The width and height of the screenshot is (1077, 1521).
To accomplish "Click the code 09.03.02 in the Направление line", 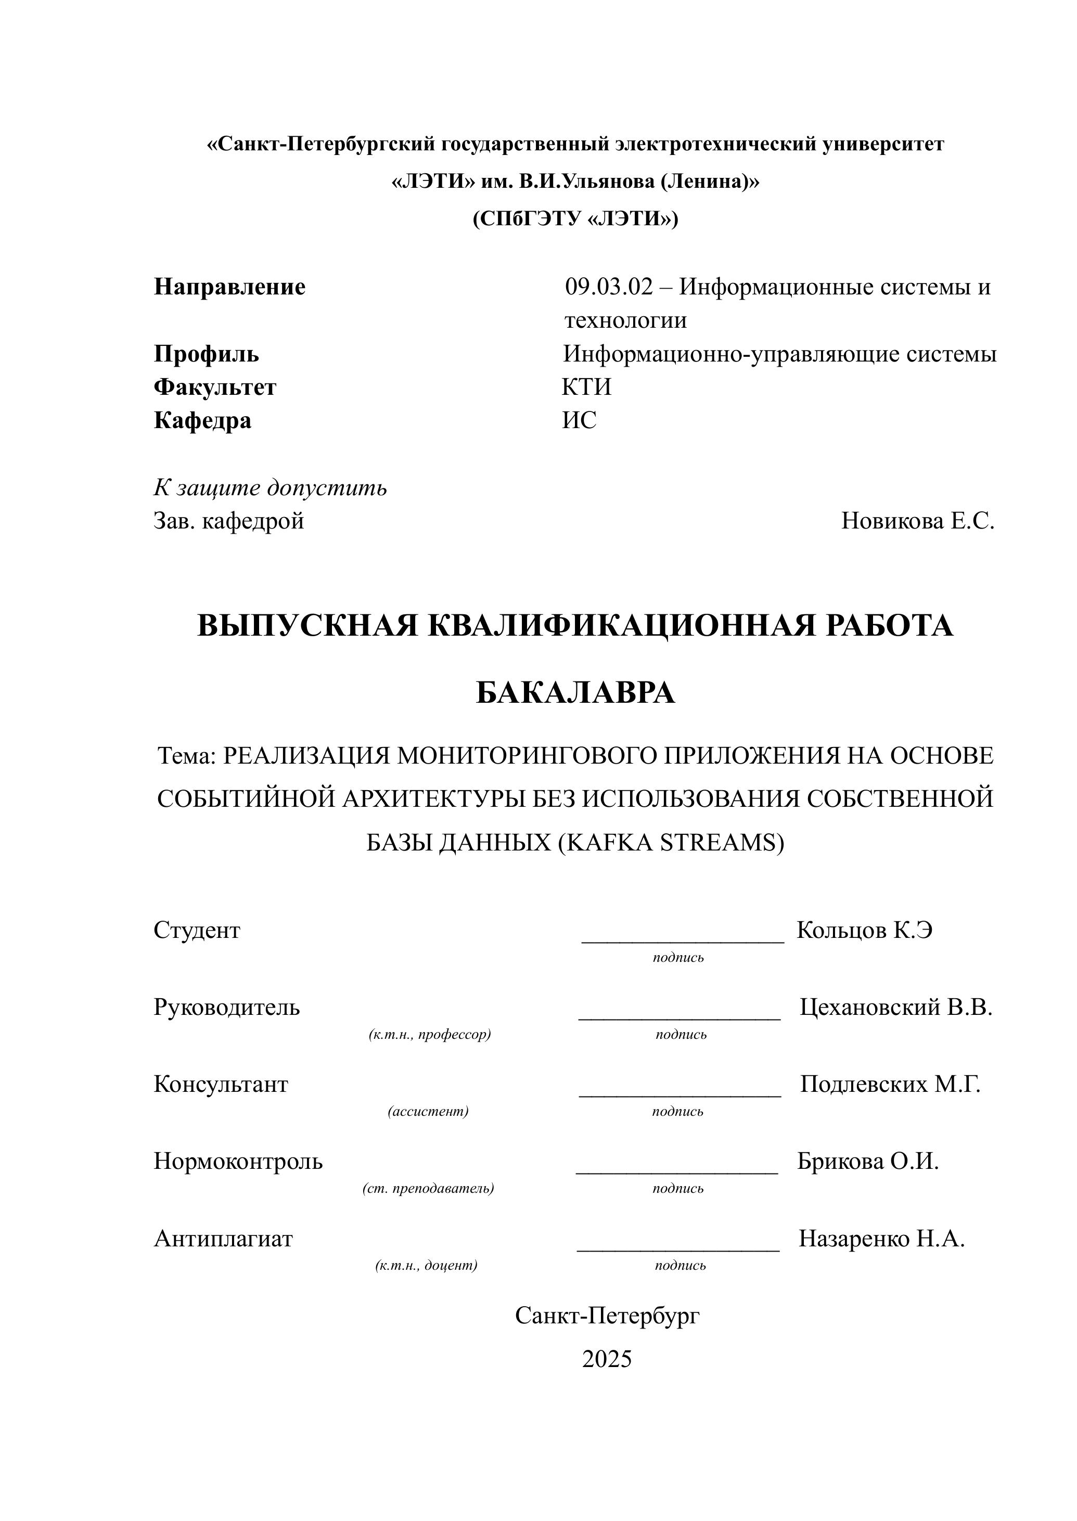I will tap(608, 287).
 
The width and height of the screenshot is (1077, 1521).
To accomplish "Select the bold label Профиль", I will tap(206, 354).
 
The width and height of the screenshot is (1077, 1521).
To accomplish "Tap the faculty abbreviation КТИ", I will tap(586, 386).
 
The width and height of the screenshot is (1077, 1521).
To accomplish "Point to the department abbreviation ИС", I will tap(579, 420).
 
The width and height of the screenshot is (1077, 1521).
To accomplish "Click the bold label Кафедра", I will tap(202, 420).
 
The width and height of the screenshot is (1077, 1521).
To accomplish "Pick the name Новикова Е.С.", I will tap(918, 521).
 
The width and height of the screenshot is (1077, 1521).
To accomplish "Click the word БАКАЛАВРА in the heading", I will tap(575, 693).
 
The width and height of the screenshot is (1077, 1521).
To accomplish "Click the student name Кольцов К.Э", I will tap(864, 930).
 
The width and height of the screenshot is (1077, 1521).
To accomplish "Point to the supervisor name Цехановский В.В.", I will tap(895, 1007).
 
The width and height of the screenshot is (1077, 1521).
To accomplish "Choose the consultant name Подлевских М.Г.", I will tap(889, 1084).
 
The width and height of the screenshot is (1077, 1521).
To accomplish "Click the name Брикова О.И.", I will tap(867, 1161).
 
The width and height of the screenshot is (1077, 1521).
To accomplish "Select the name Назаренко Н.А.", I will tap(881, 1238).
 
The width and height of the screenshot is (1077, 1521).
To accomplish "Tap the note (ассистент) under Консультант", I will tap(428, 1111).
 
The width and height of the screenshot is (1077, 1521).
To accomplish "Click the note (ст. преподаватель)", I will tap(428, 1188).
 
